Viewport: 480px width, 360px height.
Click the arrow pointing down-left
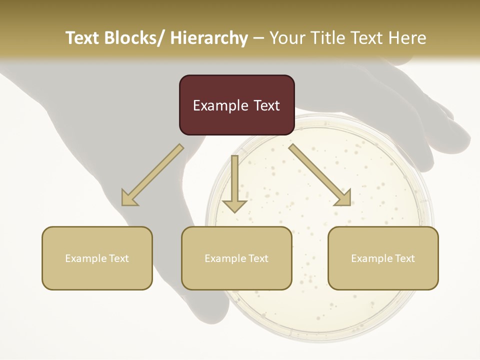[x=153, y=175]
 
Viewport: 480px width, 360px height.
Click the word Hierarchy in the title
[x=209, y=38]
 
